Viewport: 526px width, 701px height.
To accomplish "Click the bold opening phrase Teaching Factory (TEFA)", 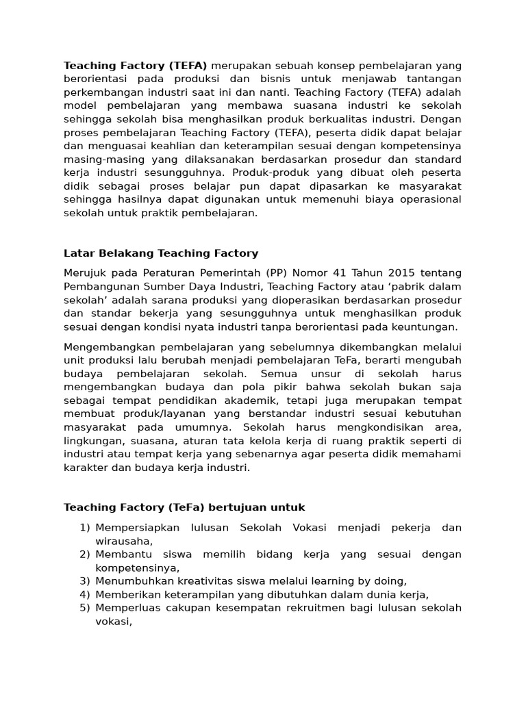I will pos(135,66).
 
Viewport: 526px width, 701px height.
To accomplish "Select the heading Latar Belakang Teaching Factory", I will pos(161,253).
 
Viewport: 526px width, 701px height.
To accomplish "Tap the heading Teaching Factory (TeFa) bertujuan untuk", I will pos(184,507).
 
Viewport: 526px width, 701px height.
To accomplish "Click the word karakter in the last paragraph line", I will pos(86,468).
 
